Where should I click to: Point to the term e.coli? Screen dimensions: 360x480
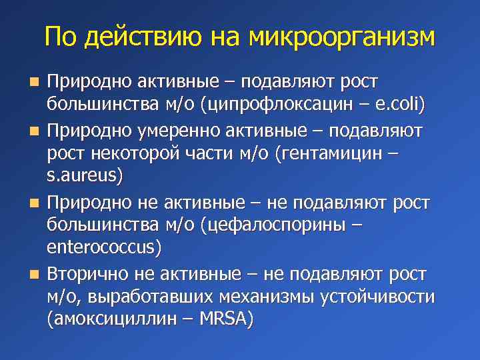[398, 105]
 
